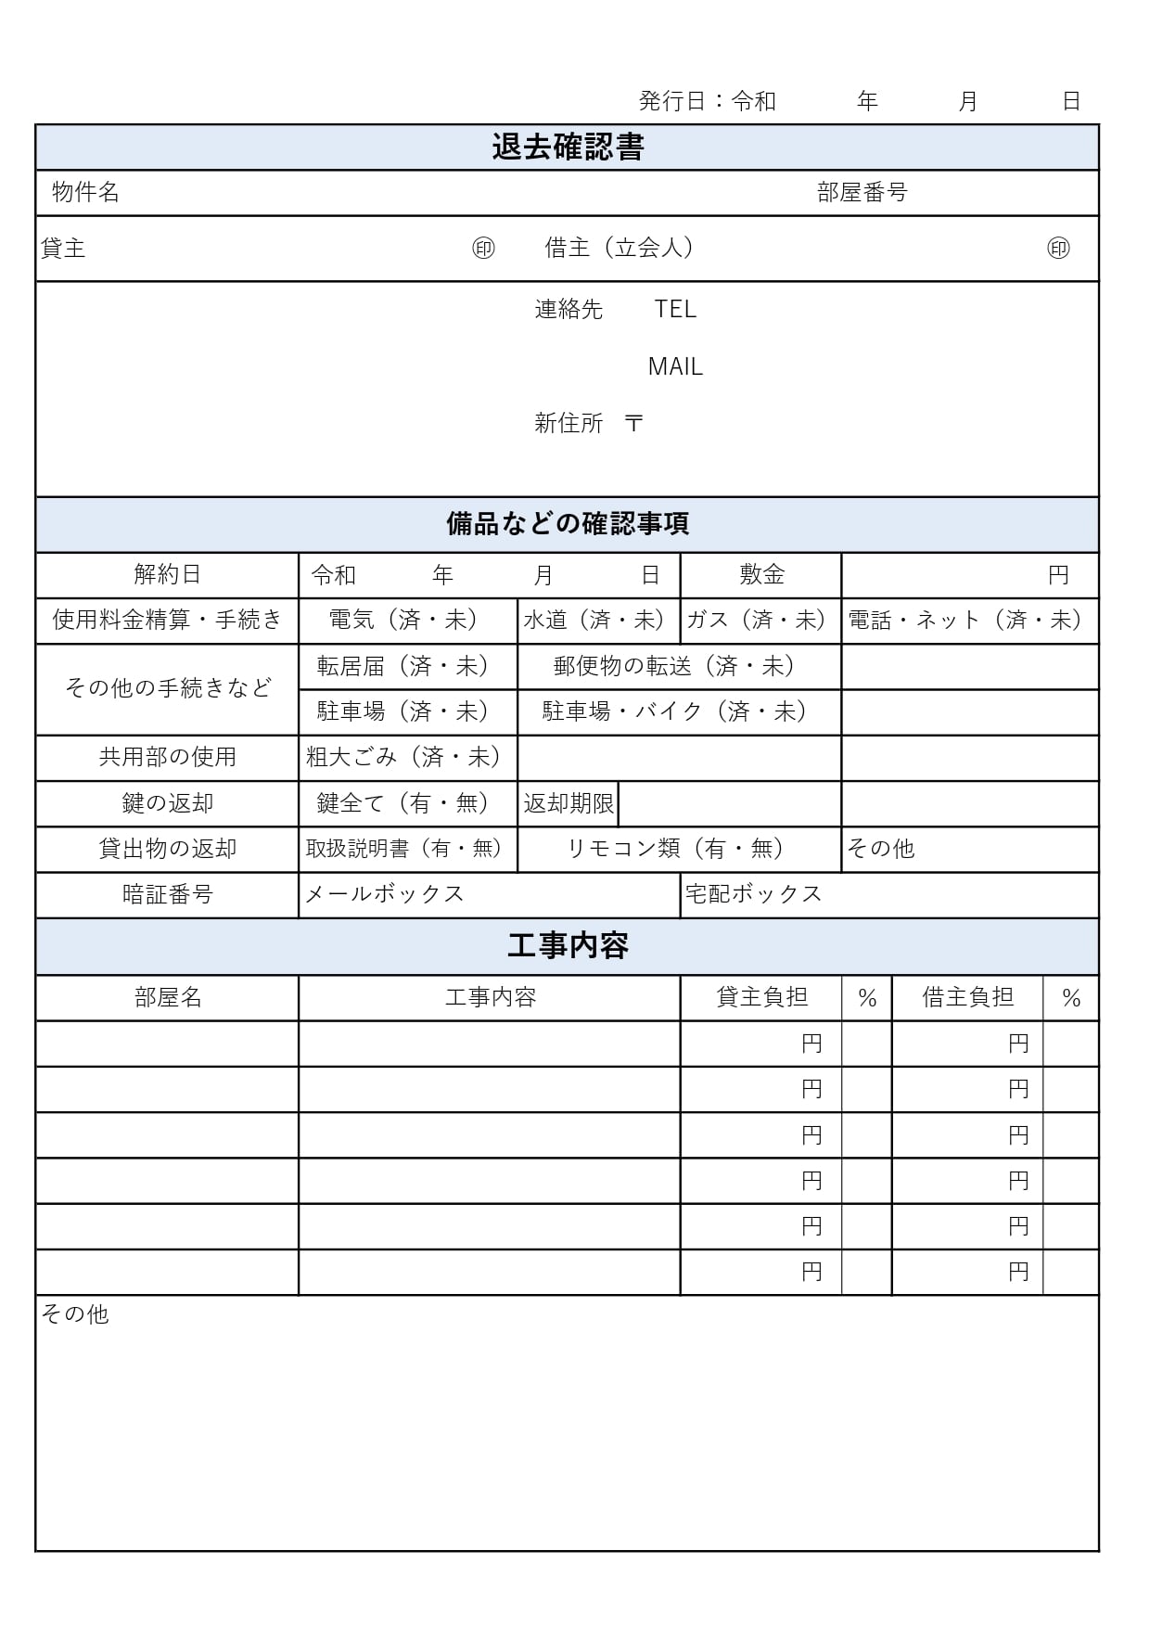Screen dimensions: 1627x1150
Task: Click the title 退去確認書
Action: click(568, 147)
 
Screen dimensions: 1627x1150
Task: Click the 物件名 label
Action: click(85, 192)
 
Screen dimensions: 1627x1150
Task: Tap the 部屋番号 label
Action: click(862, 192)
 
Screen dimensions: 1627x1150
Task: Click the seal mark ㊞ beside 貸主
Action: click(483, 248)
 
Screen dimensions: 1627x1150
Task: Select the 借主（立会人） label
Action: click(620, 248)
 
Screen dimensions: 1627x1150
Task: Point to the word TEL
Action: click(675, 309)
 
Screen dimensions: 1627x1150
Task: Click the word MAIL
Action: click(675, 366)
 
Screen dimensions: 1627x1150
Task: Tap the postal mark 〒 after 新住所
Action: click(633, 423)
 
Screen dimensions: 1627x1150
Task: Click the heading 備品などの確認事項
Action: click(568, 524)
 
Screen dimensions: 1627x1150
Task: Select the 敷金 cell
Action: click(761, 575)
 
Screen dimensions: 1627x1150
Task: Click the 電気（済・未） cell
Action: click(407, 620)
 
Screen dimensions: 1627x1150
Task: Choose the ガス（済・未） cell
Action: click(760, 620)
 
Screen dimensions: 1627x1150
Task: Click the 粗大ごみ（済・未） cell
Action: click(407, 757)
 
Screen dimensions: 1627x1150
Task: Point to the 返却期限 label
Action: click(568, 803)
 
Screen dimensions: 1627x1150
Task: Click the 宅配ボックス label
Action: click(753, 894)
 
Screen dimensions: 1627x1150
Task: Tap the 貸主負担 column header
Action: click(761, 997)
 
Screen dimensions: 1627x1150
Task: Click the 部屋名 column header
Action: click(168, 997)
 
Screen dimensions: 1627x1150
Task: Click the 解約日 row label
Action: click(168, 575)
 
